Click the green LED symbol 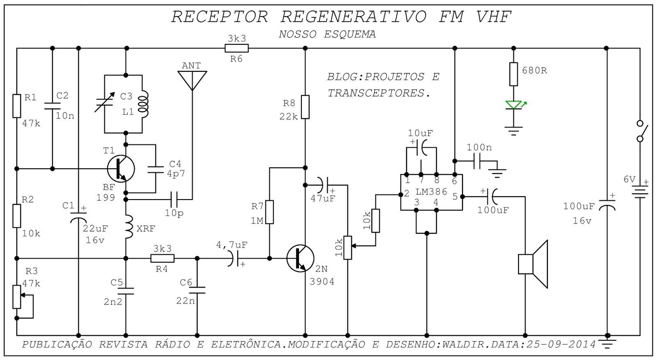[514, 105]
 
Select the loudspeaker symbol [533, 264]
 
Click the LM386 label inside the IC [431, 192]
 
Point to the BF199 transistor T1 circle [121, 168]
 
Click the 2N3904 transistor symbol [301, 258]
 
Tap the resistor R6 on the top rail [237, 48]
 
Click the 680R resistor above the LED [514, 74]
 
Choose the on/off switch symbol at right [640, 131]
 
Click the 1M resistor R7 [269, 212]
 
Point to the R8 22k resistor [305, 107]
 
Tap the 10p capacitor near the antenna [174, 199]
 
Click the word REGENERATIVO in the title [354, 17]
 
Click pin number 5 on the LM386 [455, 197]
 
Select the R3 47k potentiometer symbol [16, 296]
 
